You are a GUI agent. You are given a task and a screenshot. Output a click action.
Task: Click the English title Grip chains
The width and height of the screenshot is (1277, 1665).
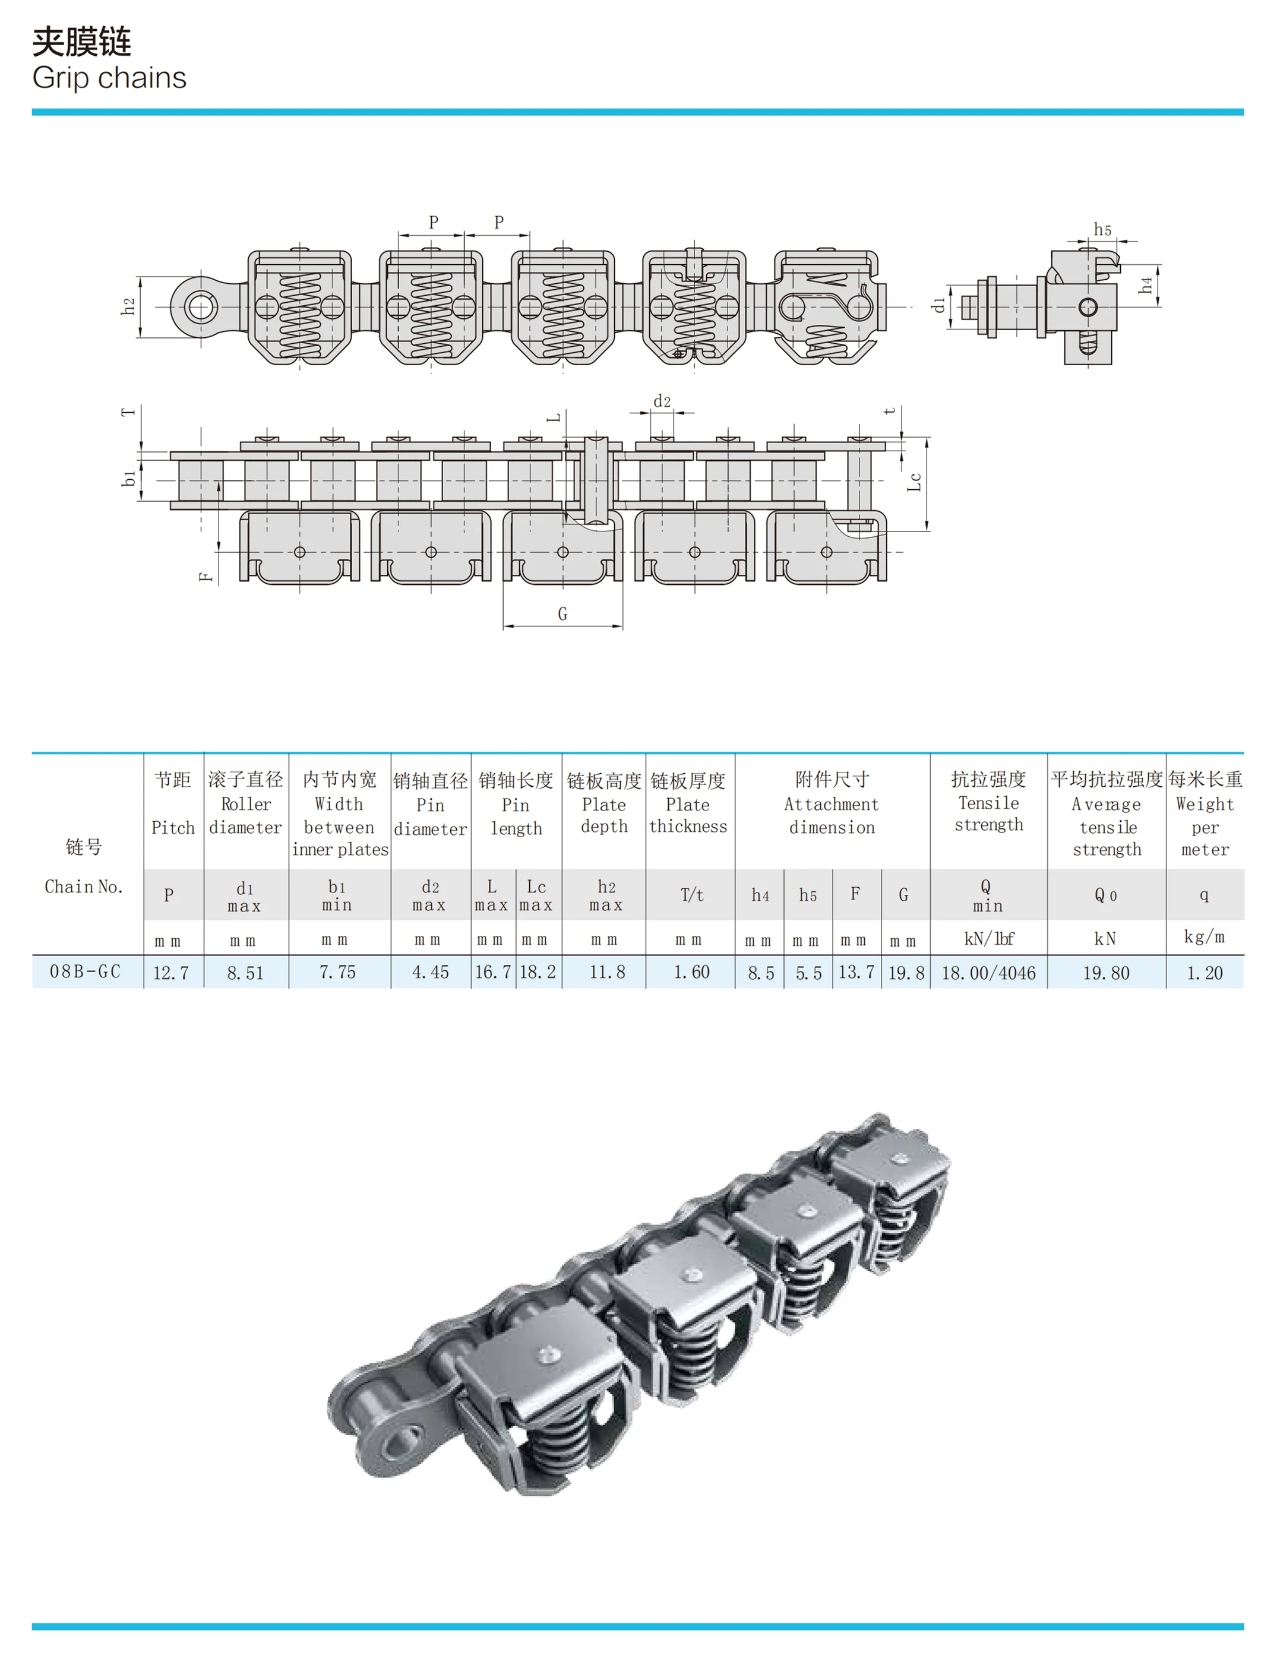109,78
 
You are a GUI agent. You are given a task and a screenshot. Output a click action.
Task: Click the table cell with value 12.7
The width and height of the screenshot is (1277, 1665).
171,973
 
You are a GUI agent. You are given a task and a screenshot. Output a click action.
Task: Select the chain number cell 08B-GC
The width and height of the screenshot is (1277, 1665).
85,972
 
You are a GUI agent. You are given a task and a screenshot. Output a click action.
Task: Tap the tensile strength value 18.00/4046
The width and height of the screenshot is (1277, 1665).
988,973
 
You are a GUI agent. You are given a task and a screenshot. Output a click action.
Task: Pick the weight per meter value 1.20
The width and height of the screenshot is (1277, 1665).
1205,973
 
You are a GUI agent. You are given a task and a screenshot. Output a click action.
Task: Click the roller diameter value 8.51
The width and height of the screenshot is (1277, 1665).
245,973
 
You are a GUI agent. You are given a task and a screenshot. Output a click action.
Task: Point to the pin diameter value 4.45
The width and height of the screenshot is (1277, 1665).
430,973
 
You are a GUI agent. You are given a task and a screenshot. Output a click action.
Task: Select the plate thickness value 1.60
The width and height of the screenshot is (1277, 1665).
691,973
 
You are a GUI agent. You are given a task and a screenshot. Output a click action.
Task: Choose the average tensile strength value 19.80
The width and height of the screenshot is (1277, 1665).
1106,973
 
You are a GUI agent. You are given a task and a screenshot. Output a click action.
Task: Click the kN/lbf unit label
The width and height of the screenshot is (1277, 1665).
988,939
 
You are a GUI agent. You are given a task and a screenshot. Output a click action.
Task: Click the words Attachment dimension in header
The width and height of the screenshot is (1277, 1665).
832,815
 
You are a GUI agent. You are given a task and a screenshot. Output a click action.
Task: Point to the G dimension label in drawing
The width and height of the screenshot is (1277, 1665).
562,613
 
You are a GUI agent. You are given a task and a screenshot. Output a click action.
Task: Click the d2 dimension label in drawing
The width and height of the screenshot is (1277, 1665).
662,401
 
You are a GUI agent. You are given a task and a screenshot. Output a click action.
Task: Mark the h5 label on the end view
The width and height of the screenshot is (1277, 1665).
1102,229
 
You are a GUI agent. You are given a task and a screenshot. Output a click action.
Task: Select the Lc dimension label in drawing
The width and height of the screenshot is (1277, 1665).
915,482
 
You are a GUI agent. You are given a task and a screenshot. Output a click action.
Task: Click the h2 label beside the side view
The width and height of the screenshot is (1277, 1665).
128,306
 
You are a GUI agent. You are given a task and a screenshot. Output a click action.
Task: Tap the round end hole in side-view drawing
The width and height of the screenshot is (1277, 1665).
201,308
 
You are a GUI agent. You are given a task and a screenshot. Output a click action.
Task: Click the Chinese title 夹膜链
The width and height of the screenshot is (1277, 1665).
81,42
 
